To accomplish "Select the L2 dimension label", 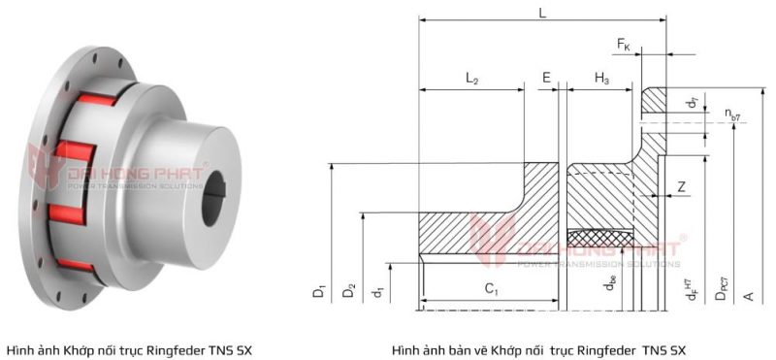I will pyautogui.click(x=472, y=79).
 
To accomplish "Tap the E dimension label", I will pyautogui.click(x=547, y=78).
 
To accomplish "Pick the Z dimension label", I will pyautogui.click(x=684, y=186).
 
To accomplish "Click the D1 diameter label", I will pyautogui.click(x=320, y=289).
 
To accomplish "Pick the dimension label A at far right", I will pyautogui.click(x=747, y=290).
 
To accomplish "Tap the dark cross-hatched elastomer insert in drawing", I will pyautogui.click(x=600, y=236).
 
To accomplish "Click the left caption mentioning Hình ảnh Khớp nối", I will pyautogui.click(x=129, y=349).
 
